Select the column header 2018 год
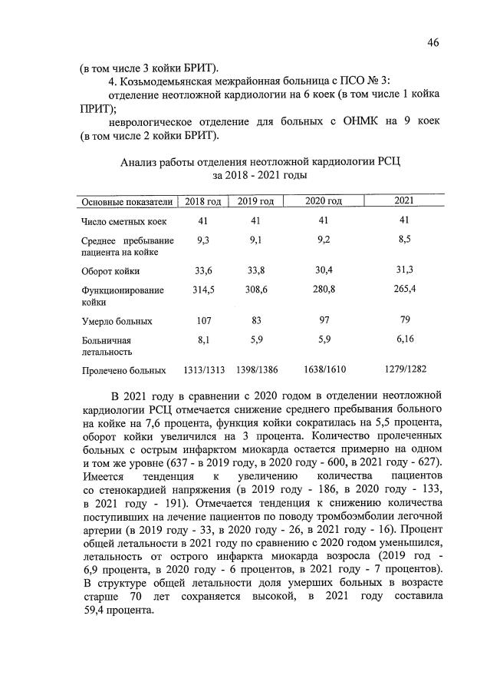tap(203, 201)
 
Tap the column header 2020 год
tap(324, 201)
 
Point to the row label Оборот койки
tap(110, 271)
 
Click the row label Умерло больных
tap(117, 321)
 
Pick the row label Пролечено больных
tap(123, 371)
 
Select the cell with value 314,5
tap(204, 290)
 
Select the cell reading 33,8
tap(255, 270)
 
